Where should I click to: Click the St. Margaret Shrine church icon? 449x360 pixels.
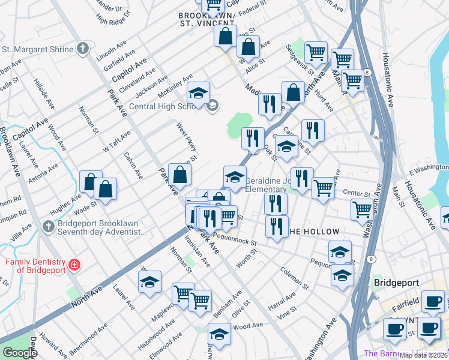pyautogui.click(x=83, y=49)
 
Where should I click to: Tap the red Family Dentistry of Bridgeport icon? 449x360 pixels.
pyautogui.click(x=74, y=265)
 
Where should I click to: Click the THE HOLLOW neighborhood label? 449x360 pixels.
pyautogui.click(x=313, y=232)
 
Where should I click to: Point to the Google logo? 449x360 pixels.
pyautogui.click(x=20, y=352)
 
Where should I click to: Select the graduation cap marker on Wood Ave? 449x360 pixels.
pyautogui.click(x=219, y=335)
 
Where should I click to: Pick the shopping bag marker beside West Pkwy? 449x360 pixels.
pyautogui.click(x=180, y=175)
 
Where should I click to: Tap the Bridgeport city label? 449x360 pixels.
pyautogui.click(x=394, y=282)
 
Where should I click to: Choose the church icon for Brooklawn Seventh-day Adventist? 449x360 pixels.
pyautogui.click(x=49, y=226)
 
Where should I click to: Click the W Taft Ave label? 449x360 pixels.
pyautogui.click(x=116, y=142)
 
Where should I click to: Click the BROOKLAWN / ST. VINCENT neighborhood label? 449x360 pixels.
pyautogui.click(x=206, y=19)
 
